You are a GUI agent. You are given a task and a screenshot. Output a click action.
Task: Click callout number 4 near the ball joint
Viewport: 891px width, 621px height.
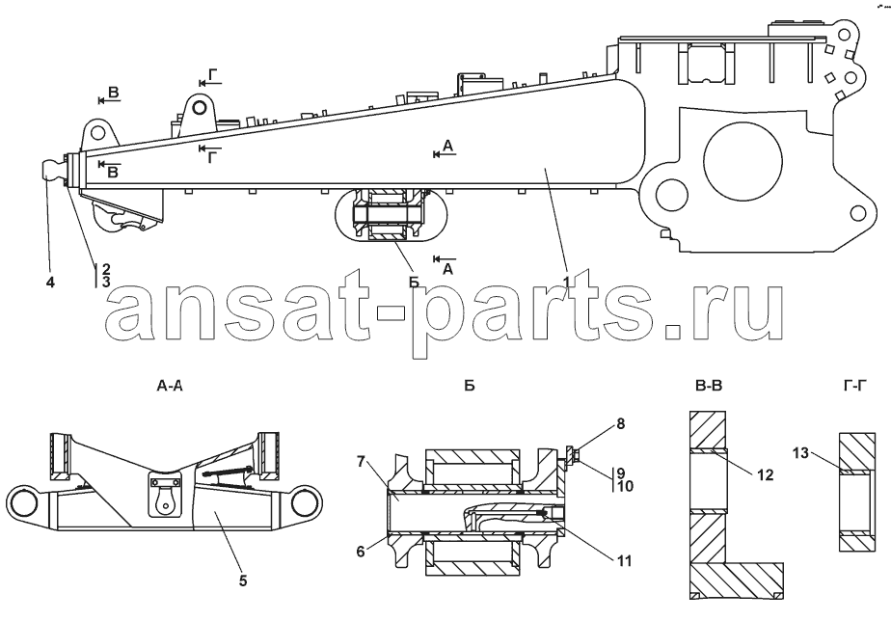[50, 282]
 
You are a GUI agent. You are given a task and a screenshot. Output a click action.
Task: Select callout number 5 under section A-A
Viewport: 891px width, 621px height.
[243, 581]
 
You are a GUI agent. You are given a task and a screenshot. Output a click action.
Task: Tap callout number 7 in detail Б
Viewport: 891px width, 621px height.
[361, 461]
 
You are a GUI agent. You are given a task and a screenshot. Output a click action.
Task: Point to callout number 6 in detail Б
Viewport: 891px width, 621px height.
[361, 552]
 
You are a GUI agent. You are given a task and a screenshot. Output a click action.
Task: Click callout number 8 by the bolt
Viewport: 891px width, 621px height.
[621, 424]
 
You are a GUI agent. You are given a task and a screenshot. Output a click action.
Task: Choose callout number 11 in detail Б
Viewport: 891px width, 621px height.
[625, 561]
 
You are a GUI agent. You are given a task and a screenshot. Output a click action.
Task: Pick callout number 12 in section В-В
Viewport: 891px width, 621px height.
[766, 474]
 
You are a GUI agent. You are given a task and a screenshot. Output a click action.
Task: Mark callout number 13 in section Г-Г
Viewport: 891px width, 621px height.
[800, 453]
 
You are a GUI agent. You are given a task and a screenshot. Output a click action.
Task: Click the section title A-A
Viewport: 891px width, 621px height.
[170, 387]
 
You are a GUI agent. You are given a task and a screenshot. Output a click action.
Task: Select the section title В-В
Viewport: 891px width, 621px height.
[709, 387]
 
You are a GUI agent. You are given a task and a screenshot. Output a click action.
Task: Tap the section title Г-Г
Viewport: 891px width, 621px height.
[853, 387]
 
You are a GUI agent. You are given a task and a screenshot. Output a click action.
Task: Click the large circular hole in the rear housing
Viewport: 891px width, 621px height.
[742, 161]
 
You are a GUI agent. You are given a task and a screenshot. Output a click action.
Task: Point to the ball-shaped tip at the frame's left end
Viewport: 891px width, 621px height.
[53, 170]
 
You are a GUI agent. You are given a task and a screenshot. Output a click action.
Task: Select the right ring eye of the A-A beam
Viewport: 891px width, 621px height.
[308, 502]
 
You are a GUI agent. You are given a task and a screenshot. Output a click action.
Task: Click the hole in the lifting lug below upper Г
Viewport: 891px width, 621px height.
[199, 107]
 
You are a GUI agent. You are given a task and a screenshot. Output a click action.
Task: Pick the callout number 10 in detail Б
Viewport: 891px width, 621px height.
[625, 486]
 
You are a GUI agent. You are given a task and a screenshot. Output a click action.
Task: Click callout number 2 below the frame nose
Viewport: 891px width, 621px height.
[106, 268]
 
